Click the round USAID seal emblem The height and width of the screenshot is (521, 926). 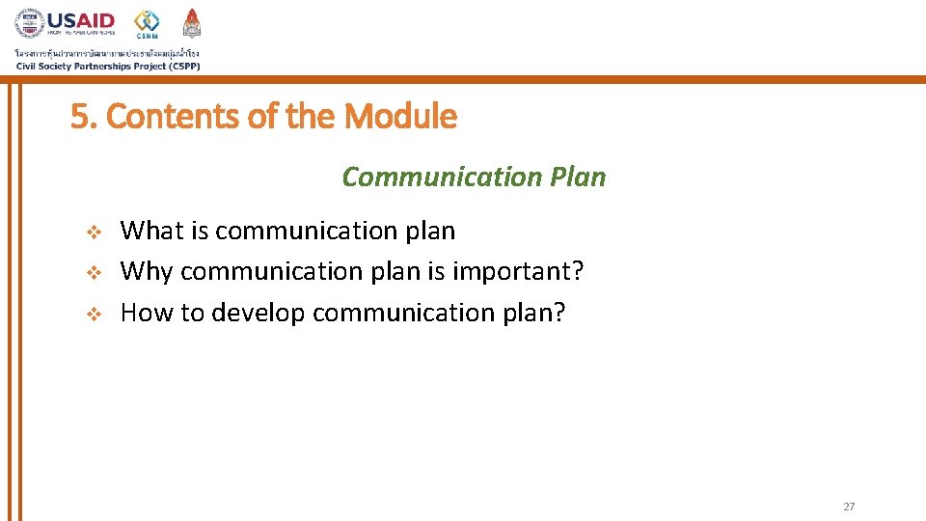point(29,24)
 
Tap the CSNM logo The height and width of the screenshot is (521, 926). point(147,24)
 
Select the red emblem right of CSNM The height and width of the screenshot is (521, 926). point(192,23)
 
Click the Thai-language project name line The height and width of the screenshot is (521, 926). point(107,52)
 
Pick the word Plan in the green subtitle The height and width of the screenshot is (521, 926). point(579,178)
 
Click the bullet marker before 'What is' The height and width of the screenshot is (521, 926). point(94,232)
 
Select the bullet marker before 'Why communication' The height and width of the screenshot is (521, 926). point(94,273)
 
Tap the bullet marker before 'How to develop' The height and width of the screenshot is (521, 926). point(94,314)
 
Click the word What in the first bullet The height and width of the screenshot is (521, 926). point(151,231)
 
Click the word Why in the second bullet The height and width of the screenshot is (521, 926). point(147,272)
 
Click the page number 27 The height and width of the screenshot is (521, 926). point(849,507)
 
